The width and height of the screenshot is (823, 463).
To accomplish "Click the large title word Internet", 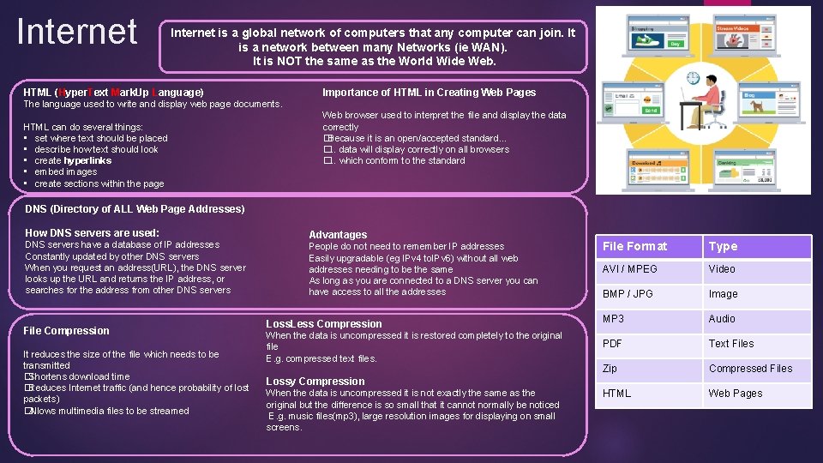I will [77, 32].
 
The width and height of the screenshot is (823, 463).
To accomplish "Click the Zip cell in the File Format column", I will [610, 369].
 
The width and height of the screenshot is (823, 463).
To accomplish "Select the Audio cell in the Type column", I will [722, 319].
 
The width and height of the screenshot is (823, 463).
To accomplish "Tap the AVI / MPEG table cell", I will [629, 269].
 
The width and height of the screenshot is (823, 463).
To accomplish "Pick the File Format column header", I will [634, 247].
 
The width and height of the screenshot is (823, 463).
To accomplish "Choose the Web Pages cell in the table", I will [735, 394].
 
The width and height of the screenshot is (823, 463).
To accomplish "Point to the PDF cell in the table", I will [612, 344].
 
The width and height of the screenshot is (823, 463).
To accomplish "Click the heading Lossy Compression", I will [315, 382].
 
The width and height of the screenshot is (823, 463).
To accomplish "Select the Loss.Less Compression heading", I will [323, 324].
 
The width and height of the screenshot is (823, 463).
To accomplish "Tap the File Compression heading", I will [66, 331].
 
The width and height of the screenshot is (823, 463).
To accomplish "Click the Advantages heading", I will [337, 235].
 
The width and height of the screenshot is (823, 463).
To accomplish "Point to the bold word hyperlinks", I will [87, 160].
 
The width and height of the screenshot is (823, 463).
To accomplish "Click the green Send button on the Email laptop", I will [652, 111].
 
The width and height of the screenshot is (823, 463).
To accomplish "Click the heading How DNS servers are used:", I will [92, 232].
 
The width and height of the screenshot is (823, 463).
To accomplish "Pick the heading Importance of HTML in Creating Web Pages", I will [429, 93].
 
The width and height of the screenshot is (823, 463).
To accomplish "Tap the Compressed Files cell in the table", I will [750, 369].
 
